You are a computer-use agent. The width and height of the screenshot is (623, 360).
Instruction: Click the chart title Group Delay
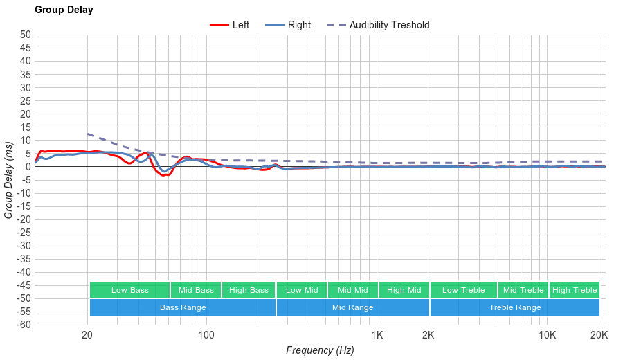[x=64, y=10]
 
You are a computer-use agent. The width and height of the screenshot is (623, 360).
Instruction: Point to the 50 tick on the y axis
[x=25, y=35]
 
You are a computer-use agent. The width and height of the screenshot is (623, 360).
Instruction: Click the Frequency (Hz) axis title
[x=320, y=350]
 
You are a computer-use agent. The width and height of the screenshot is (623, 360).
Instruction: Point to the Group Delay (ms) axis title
[x=8, y=180]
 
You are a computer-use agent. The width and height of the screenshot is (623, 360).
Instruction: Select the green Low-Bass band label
[x=129, y=290]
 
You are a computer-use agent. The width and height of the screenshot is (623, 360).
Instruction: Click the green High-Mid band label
[x=404, y=290]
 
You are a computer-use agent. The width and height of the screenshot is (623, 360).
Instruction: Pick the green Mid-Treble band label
[x=523, y=290]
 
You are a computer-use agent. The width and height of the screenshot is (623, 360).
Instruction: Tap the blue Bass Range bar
[x=183, y=307]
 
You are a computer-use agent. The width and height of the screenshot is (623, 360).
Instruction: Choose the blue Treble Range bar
[x=514, y=307]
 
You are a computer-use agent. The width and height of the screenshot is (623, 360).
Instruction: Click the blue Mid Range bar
[x=352, y=307]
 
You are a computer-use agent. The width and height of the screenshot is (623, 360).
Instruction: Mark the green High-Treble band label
[x=575, y=290]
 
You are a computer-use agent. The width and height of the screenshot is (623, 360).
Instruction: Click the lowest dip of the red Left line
[x=164, y=175]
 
